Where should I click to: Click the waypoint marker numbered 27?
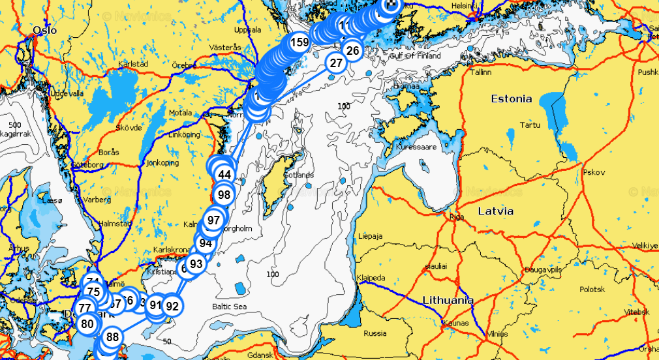(x=336, y=63)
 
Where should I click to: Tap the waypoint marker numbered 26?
(x=352, y=50)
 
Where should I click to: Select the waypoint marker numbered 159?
(x=299, y=43)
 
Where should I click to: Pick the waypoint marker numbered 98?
(x=224, y=194)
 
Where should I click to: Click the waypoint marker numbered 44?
(x=224, y=175)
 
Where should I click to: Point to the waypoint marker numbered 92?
(x=172, y=305)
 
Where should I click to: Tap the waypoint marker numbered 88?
(x=113, y=337)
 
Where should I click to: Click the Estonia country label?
(x=511, y=99)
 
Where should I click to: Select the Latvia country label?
(x=495, y=211)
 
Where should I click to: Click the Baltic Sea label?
(x=229, y=307)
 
